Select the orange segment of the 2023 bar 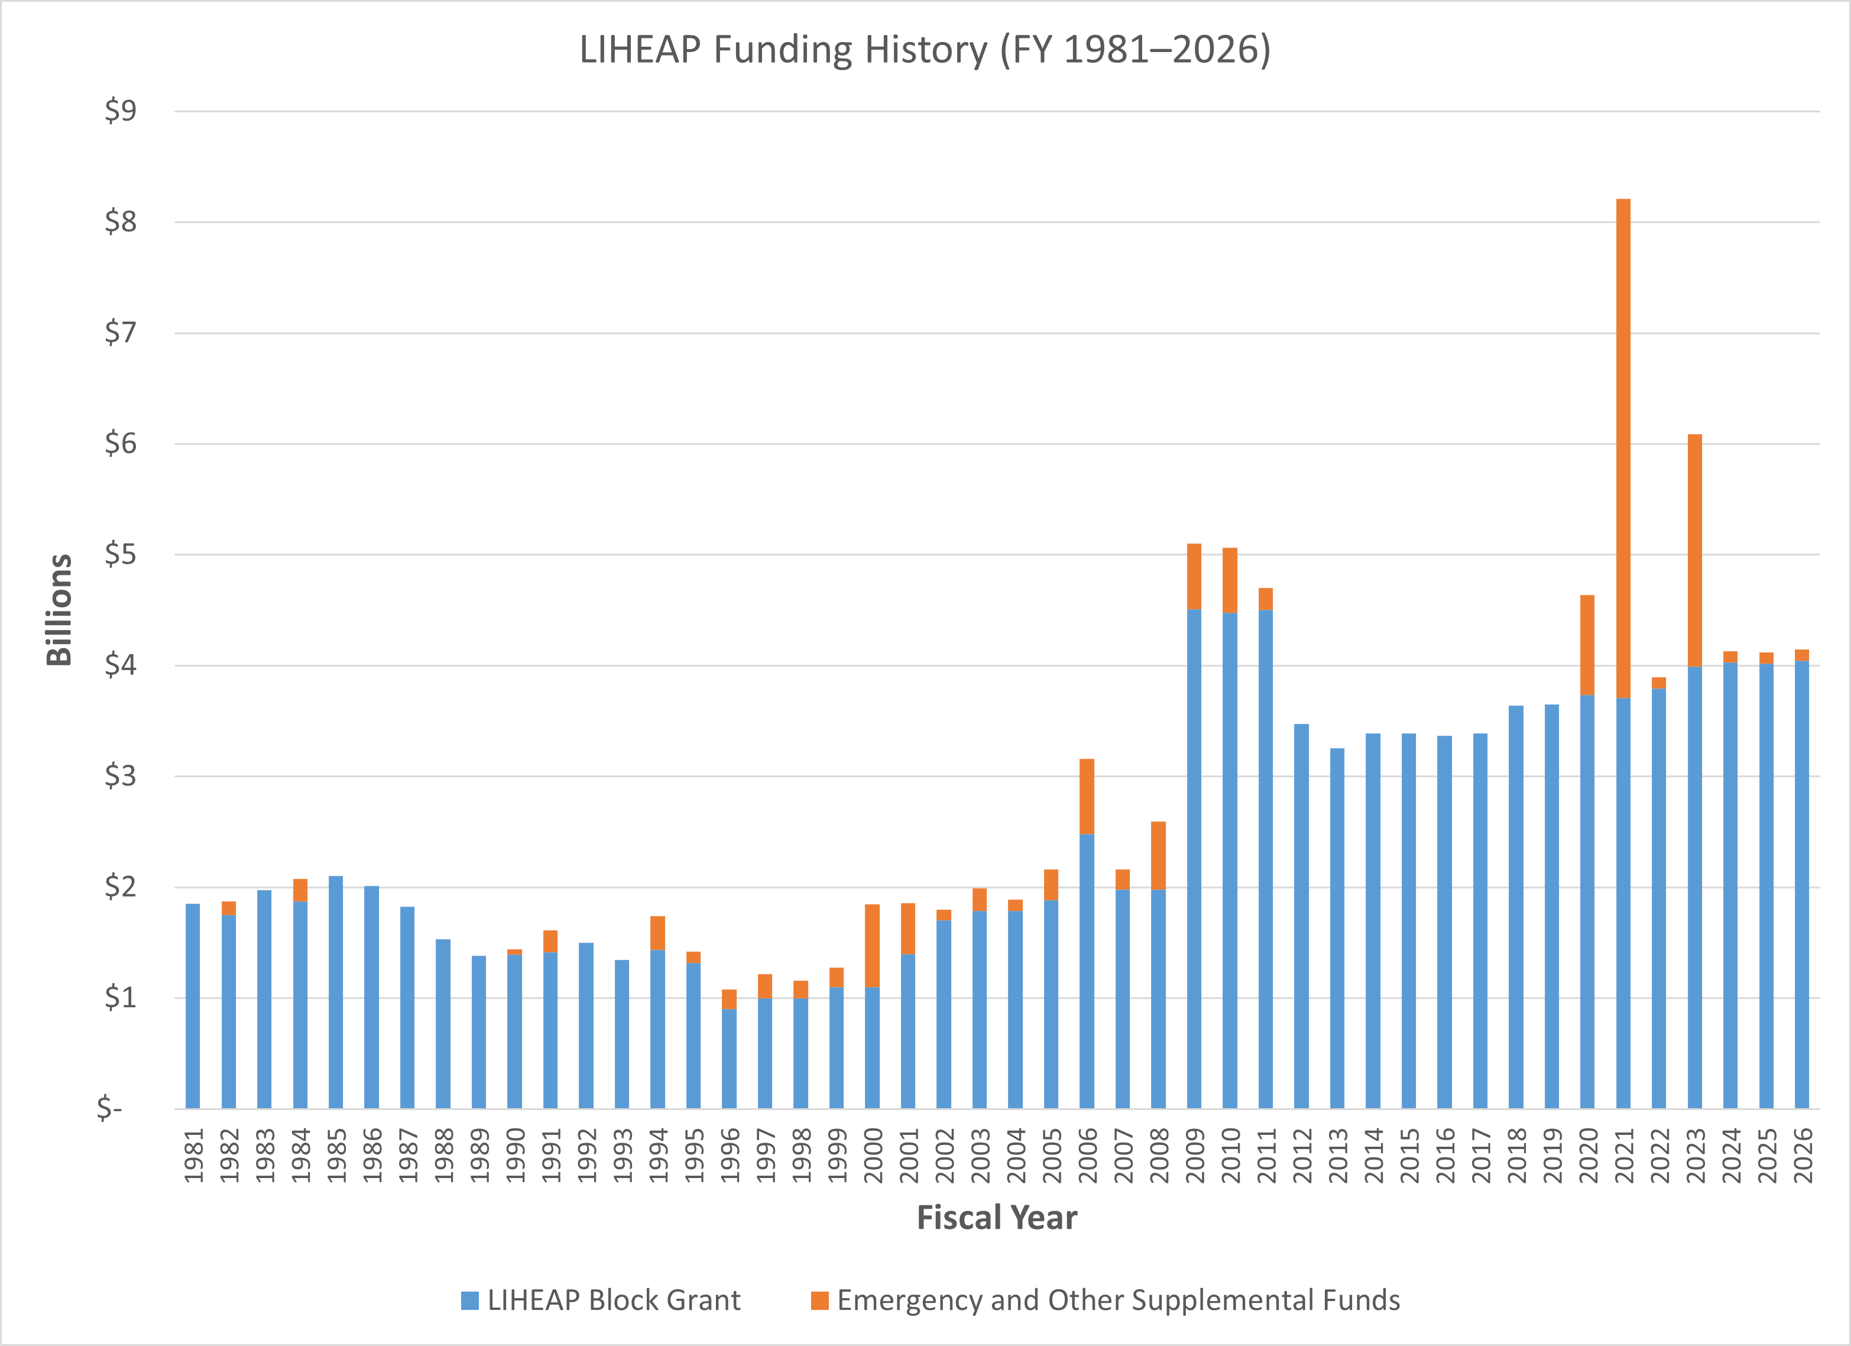(1694, 551)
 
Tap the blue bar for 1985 (335, 992)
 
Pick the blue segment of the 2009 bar (1194, 857)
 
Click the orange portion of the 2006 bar (1086, 796)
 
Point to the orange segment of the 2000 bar (871, 945)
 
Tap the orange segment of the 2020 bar (1587, 645)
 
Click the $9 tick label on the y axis (120, 111)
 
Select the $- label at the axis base (109, 1108)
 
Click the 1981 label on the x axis (193, 1155)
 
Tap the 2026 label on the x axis (1802, 1155)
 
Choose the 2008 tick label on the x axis (1159, 1155)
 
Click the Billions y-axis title (59, 610)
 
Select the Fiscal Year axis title (997, 1218)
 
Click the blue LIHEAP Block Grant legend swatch (469, 1300)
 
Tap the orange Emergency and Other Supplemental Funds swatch (819, 1300)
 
